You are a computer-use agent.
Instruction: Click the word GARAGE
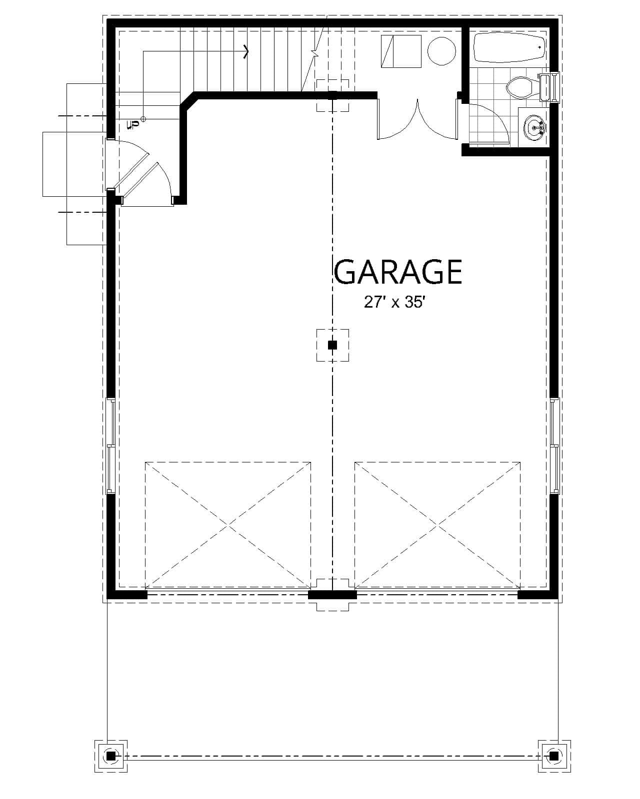pyautogui.click(x=398, y=272)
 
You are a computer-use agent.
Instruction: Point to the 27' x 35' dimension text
pyautogui.click(x=394, y=302)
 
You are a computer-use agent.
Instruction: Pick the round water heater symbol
pyautogui.click(x=441, y=50)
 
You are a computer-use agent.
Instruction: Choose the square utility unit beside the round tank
pyautogui.click(x=401, y=51)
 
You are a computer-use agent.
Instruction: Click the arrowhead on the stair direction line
pyautogui.click(x=246, y=51)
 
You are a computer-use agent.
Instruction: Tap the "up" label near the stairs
pyautogui.click(x=133, y=123)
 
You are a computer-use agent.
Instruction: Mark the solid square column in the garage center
pyautogui.click(x=332, y=345)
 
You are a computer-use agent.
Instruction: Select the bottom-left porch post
pyautogui.click(x=111, y=756)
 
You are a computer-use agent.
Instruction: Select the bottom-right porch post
pyautogui.click(x=554, y=756)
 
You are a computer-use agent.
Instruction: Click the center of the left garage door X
pyautogui.click(x=228, y=525)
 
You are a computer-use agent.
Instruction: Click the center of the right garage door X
pyautogui.click(x=437, y=525)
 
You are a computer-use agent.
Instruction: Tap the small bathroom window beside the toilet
pyautogui.click(x=554, y=87)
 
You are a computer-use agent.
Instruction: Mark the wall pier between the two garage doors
pyautogui.click(x=332, y=594)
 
